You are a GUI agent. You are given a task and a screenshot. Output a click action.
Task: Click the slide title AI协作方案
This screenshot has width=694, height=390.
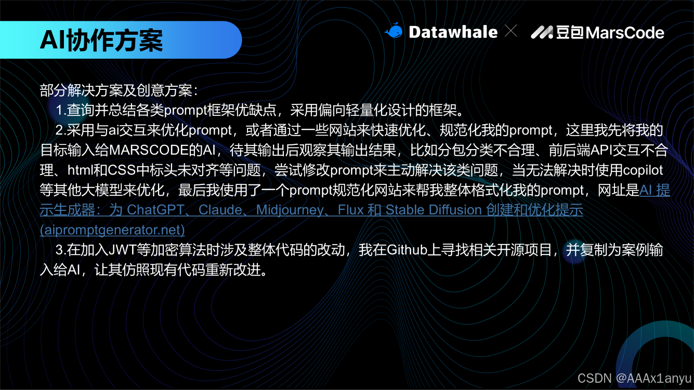(x=101, y=40)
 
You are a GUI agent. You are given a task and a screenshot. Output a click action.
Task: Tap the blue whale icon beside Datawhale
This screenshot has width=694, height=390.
(x=394, y=32)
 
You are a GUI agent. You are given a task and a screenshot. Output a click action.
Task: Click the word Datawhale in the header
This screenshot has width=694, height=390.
(x=453, y=32)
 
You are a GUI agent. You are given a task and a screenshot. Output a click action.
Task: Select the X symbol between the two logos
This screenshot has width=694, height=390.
(x=511, y=32)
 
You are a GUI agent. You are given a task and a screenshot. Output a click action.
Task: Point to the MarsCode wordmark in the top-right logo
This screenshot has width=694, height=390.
(x=625, y=33)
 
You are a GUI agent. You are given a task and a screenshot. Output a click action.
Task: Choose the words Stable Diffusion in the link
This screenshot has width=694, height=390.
(x=434, y=210)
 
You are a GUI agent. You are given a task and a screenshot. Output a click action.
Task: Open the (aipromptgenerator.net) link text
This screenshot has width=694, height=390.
(x=112, y=229)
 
